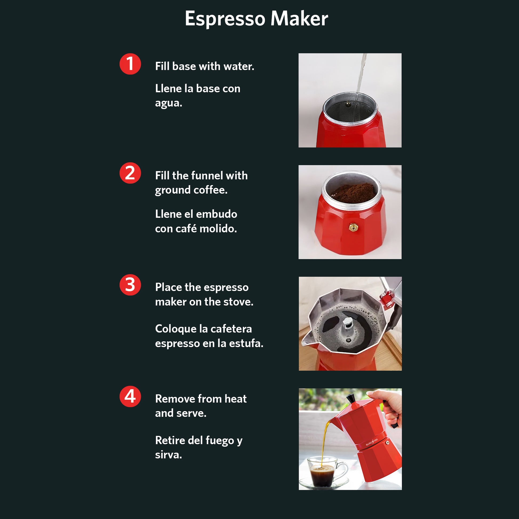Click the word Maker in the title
[x=299, y=19]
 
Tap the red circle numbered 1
[x=130, y=64]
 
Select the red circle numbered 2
[x=130, y=173]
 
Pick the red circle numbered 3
[x=130, y=285]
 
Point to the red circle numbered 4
[x=130, y=397]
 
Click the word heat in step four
[x=235, y=399]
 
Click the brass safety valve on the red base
[x=353, y=227]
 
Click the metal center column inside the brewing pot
[x=347, y=329]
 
